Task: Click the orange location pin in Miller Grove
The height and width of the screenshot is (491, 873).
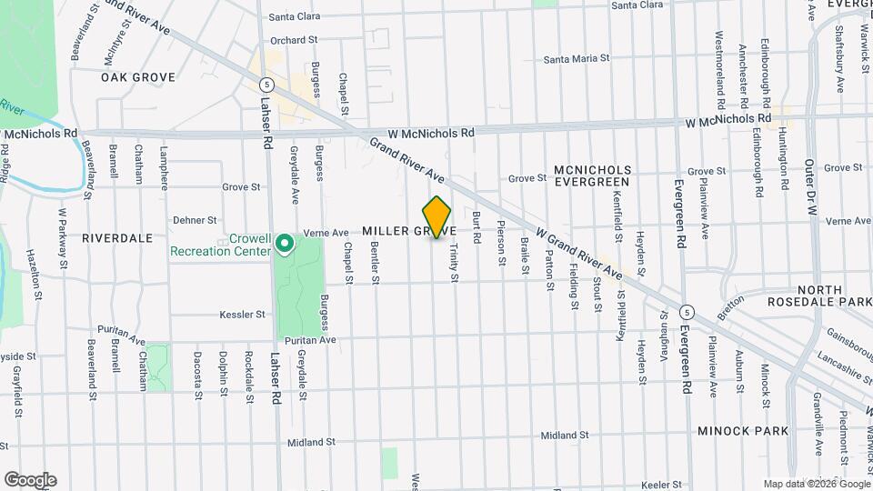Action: tap(437, 217)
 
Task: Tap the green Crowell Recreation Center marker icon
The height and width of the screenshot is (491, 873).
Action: tap(284, 243)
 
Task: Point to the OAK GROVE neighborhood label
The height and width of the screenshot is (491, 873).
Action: tap(137, 77)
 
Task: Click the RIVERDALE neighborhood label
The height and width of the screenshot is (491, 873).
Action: tap(117, 237)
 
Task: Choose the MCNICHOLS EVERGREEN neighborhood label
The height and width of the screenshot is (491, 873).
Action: tap(591, 175)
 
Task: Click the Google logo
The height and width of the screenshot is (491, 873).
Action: tap(30, 480)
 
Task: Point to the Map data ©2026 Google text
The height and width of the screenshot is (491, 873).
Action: tap(816, 483)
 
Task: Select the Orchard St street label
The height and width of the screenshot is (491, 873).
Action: tap(293, 40)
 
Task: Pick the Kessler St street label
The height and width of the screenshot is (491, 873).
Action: tap(242, 315)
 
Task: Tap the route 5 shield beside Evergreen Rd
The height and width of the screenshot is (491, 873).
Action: tap(686, 311)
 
